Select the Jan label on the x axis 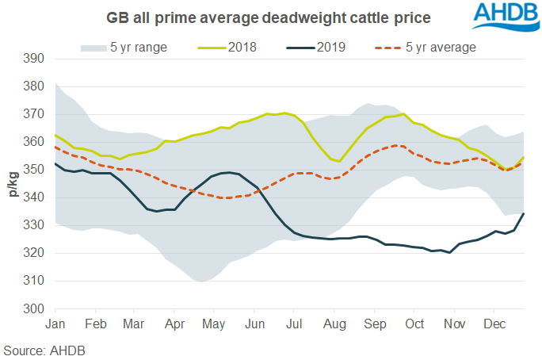(x=55, y=324)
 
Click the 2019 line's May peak (x=228, y=172)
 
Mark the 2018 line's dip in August (x=339, y=161)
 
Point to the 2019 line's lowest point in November (x=449, y=253)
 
